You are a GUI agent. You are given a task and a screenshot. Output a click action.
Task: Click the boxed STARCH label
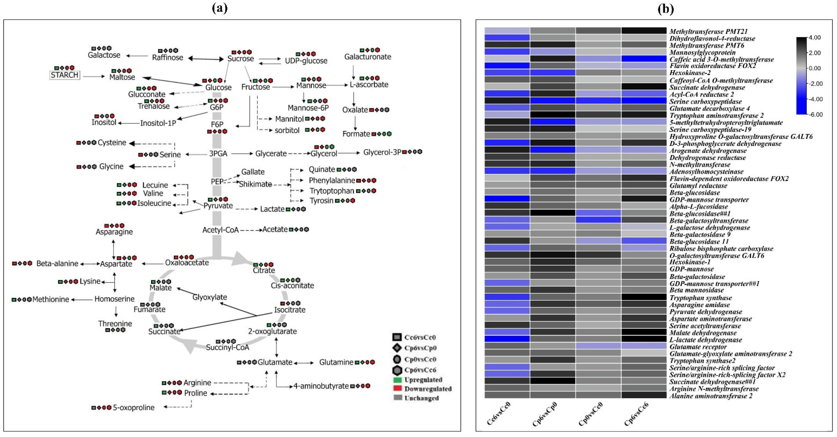pyautogui.click(x=64, y=75)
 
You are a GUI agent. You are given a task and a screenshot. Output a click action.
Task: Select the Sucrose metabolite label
pyautogui.click(x=240, y=59)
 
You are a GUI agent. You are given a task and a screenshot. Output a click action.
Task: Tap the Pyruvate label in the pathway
pyautogui.click(x=218, y=206)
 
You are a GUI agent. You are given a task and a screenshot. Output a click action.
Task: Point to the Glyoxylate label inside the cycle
pyautogui.click(x=210, y=297)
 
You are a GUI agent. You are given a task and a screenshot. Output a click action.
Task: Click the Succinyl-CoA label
pyautogui.click(x=227, y=347)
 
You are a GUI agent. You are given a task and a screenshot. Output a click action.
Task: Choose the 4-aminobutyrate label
pyautogui.click(x=321, y=386)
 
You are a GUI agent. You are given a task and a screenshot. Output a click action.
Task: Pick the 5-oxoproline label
pyautogui.click(x=134, y=407)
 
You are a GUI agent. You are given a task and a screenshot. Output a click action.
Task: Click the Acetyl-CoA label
pyautogui.click(x=220, y=230)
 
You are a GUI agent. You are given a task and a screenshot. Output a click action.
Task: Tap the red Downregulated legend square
pyautogui.click(x=397, y=389)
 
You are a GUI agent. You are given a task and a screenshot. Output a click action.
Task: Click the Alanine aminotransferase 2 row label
pyautogui.click(x=711, y=396)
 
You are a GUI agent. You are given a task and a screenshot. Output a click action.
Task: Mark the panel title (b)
pyautogui.click(x=666, y=9)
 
